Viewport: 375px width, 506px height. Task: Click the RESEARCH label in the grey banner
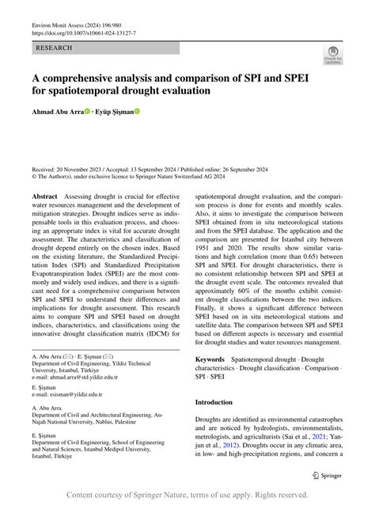coord(53,48)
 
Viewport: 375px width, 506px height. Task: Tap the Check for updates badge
coord(332,54)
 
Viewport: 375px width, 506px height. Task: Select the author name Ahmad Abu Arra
coord(59,112)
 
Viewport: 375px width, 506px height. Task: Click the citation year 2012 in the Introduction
coord(227,445)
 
